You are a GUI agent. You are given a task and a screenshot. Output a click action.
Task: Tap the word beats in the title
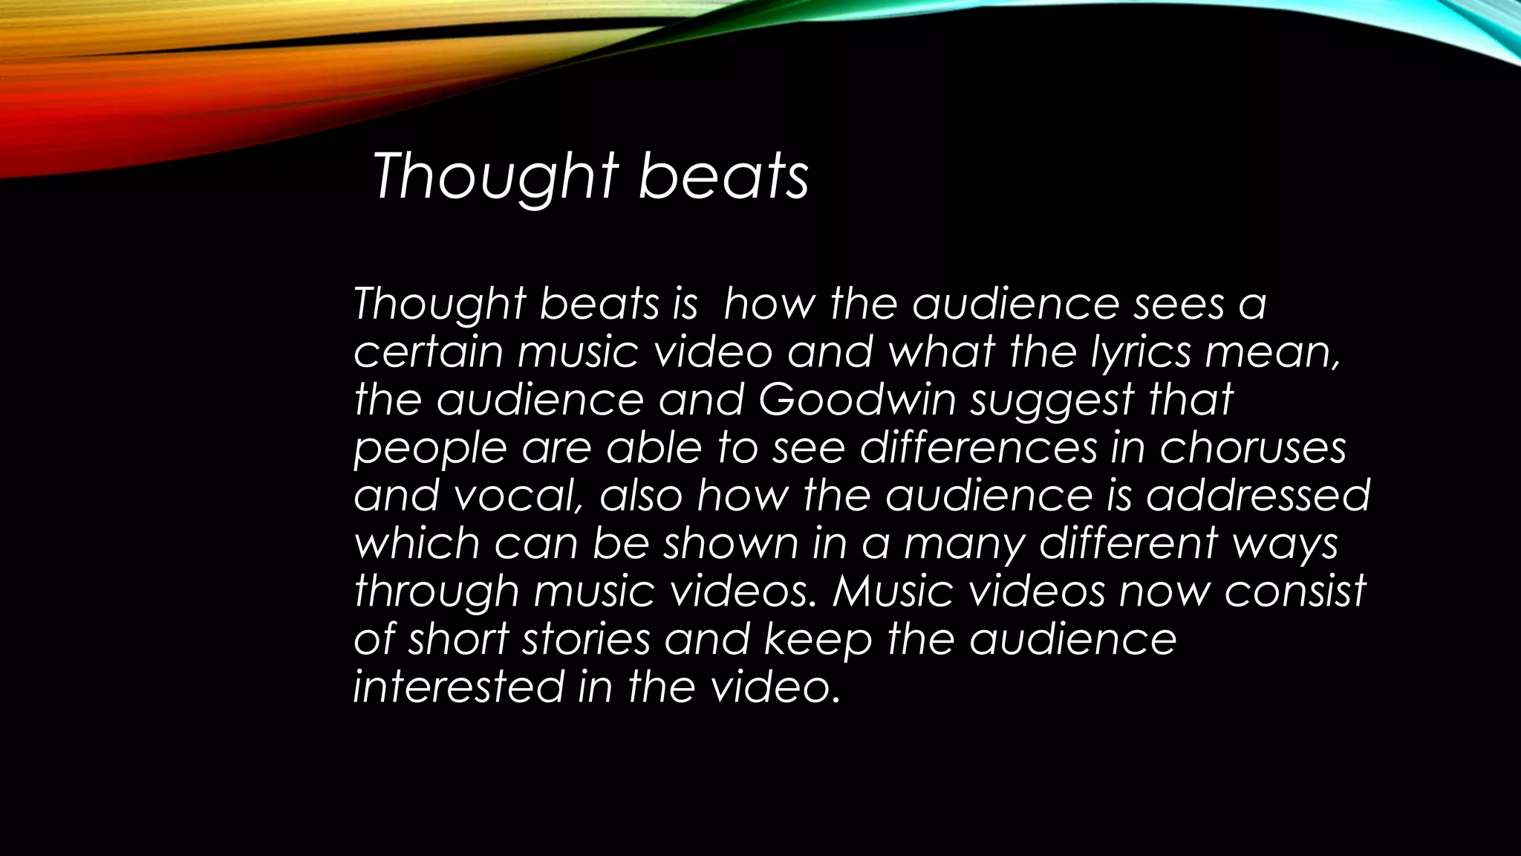(723, 177)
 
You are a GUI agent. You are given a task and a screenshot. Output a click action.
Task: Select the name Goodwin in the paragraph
(857, 400)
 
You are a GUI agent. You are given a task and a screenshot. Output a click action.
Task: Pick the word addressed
(1257, 495)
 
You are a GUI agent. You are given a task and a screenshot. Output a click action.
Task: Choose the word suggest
(1052, 401)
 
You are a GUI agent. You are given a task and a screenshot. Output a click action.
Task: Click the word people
(430, 449)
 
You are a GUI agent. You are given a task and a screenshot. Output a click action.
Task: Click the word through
(436, 591)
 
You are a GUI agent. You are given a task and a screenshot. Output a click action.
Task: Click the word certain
(429, 352)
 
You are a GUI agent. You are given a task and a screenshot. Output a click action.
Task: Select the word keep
(818, 640)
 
